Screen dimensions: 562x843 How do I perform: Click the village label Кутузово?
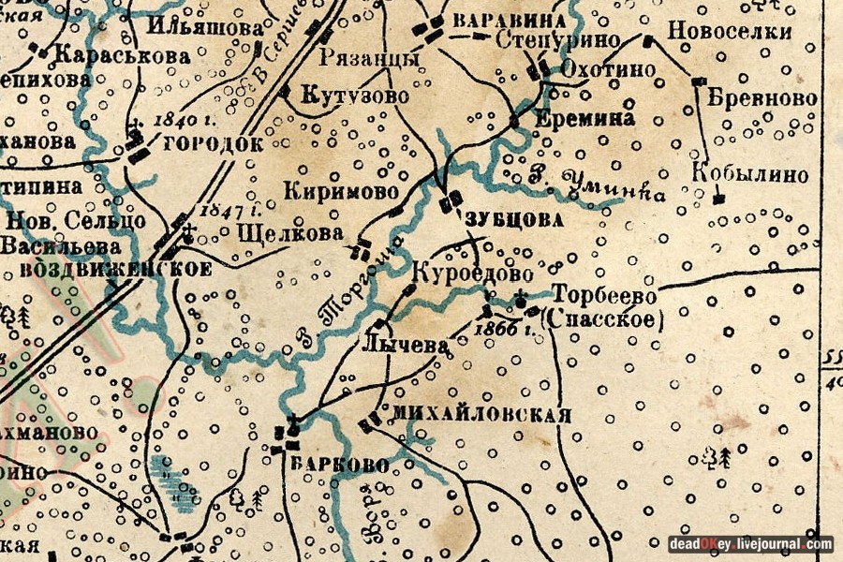pyautogui.click(x=355, y=96)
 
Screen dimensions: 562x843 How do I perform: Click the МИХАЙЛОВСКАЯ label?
pyautogui.click(x=481, y=415)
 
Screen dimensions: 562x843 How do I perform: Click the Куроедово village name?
pyautogui.click(x=472, y=274)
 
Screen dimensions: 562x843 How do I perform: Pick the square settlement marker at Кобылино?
pyautogui.click(x=717, y=199)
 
